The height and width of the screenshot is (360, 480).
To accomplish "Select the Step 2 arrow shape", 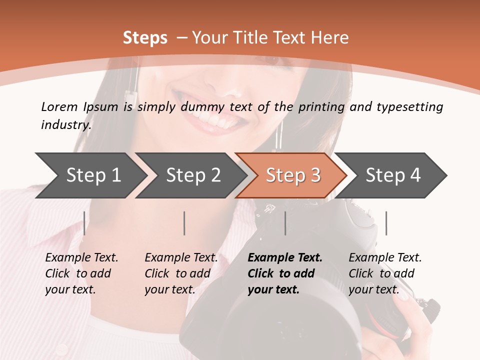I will (x=192, y=175).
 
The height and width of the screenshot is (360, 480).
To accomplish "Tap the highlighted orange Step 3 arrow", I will (x=292, y=175).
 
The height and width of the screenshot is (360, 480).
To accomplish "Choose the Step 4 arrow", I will (x=393, y=175).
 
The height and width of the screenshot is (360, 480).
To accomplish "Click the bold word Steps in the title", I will (x=145, y=38).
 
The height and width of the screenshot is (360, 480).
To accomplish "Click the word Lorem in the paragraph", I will (x=59, y=106).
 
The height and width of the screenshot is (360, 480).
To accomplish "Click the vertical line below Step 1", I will (x=84, y=223).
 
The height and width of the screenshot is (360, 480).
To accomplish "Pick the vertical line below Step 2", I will (x=184, y=223).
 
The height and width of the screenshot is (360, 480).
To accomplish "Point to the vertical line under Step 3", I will (x=285, y=223).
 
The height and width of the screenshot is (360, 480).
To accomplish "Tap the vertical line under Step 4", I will (x=386, y=223).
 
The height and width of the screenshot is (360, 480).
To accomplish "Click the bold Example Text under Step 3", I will (x=285, y=258).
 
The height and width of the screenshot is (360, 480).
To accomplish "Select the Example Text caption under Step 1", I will (x=81, y=258).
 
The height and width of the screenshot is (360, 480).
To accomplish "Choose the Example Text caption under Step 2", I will (x=181, y=258).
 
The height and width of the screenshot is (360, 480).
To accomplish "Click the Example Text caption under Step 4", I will (x=385, y=258).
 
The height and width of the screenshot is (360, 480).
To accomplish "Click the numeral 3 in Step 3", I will (x=315, y=175).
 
